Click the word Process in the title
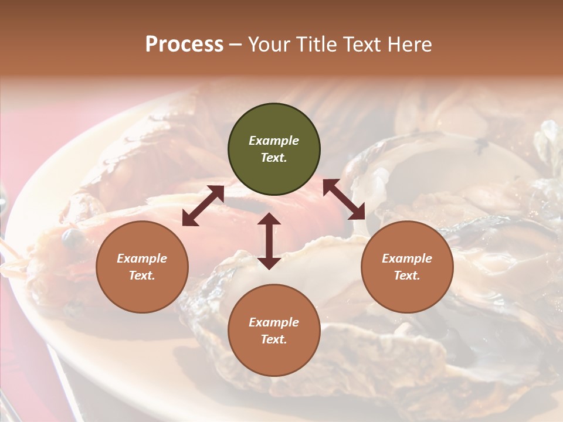(x=184, y=45)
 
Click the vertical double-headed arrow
(x=269, y=241)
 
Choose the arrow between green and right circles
(x=344, y=199)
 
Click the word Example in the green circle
(x=274, y=141)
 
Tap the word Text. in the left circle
(x=142, y=275)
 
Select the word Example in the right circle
(x=407, y=258)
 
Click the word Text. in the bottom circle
(x=274, y=339)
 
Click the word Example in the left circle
(x=142, y=258)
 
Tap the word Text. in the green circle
(x=274, y=158)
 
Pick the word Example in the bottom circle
(x=274, y=322)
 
